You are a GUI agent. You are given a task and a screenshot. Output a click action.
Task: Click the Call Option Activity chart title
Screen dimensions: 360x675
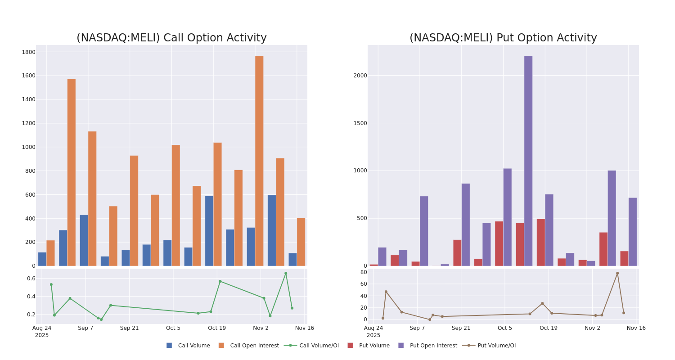click(x=171, y=38)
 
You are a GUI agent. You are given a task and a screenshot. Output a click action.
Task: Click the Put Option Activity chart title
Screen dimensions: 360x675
click(x=503, y=38)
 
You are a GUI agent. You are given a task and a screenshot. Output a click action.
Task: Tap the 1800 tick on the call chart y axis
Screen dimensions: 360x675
click(x=29, y=52)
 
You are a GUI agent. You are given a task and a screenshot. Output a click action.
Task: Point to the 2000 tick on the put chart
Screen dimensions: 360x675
click(x=360, y=76)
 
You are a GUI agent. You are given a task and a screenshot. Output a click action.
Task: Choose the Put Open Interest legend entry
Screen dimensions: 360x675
click(x=433, y=346)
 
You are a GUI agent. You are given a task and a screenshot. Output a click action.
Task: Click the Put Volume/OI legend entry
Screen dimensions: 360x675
click(x=496, y=346)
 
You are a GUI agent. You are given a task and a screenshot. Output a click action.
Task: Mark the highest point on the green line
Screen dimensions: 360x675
click(x=286, y=273)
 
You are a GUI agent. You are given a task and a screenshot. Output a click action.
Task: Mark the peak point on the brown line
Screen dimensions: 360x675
click(x=617, y=273)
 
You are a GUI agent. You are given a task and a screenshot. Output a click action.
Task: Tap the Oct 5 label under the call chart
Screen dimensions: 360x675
click(x=173, y=328)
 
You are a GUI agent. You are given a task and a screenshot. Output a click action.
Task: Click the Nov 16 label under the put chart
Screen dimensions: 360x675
click(x=636, y=328)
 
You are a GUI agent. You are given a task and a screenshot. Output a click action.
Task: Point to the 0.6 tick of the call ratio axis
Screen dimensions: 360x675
click(x=31, y=279)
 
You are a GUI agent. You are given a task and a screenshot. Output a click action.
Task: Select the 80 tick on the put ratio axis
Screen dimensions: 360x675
click(x=364, y=272)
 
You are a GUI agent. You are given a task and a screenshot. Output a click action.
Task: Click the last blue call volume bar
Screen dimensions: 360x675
click(x=292, y=260)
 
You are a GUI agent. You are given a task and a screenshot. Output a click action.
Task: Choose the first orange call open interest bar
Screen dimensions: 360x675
click(x=50, y=253)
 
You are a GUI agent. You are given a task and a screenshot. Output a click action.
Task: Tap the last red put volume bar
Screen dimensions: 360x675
click(x=624, y=259)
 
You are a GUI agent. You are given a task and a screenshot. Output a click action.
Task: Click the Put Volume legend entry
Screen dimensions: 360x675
click(x=374, y=346)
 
